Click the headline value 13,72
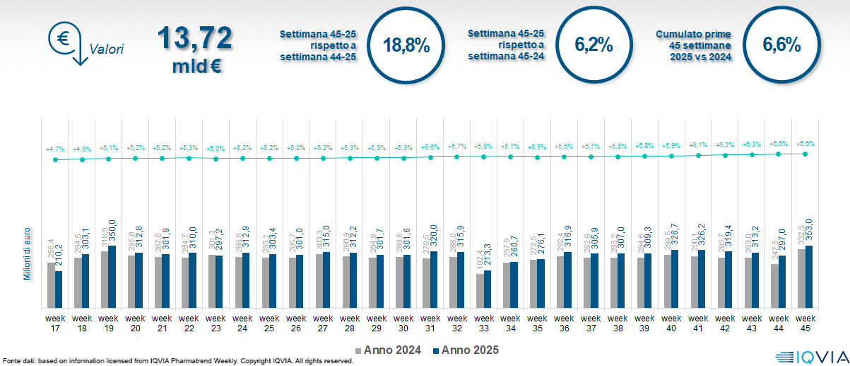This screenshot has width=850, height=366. (x=194, y=38)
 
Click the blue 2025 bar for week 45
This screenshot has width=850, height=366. (x=808, y=276)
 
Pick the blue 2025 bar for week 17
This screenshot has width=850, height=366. (x=59, y=289)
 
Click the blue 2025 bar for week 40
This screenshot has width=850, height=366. (x=675, y=279)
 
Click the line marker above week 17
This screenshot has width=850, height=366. (x=55, y=160)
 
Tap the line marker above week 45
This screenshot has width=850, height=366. (x=805, y=154)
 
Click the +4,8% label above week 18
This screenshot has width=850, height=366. (x=82, y=149)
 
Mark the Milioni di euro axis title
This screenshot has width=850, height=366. (x=27, y=255)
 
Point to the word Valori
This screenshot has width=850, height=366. (x=107, y=50)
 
